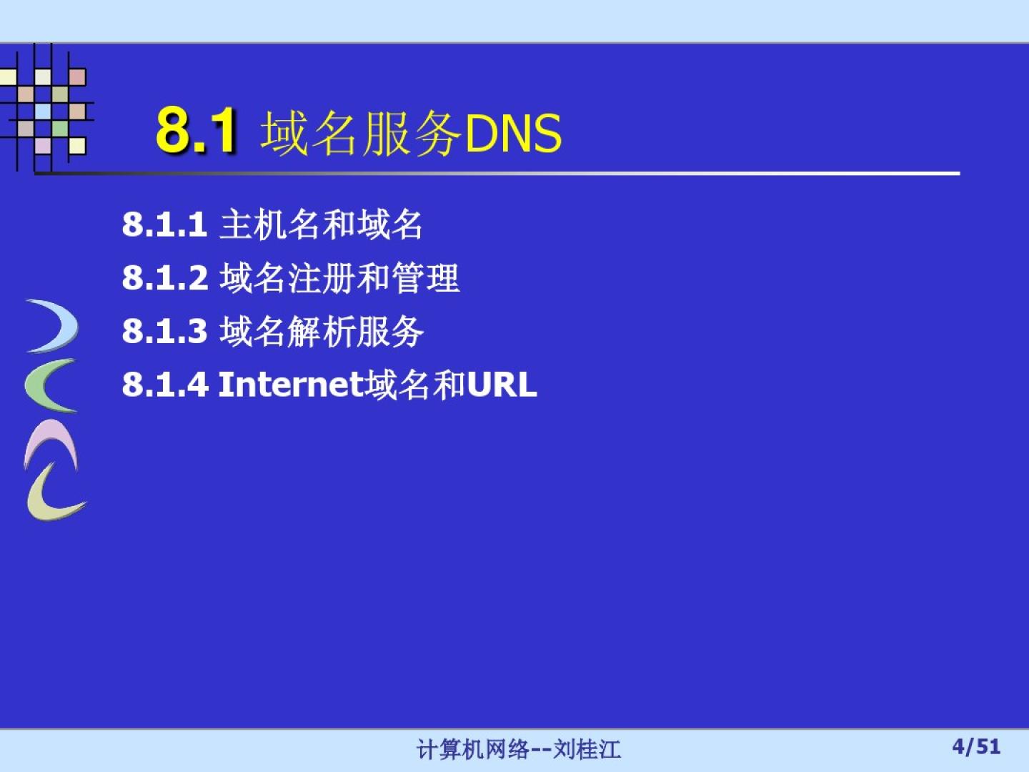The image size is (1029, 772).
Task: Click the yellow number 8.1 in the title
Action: pyautogui.click(x=196, y=130)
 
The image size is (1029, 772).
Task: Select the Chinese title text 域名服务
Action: pyautogui.click(x=361, y=134)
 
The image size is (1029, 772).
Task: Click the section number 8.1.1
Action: pyautogui.click(x=164, y=224)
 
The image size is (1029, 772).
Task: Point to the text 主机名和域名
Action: pyautogui.click(x=321, y=224)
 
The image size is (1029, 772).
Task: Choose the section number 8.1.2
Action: pyautogui.click(x=164, y=277)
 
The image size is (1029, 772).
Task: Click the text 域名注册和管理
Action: pyautogui.click(x=339, y=278)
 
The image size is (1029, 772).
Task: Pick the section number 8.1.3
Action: pyautogui.click(x=164, y=330)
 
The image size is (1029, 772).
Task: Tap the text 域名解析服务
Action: pyautogui.click(x=322, y=332)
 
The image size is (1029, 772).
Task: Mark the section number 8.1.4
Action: pyautogui.click(x=165, y=385)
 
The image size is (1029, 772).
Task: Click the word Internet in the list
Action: pyautogui.click(x=292, y=385)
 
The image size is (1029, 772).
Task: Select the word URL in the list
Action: pyautogui.click(x=502, y=385)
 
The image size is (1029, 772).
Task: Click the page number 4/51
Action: pyautogui.click(x=976, y=746)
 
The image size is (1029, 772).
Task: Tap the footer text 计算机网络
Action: pyautogui.click(x=472, y=749)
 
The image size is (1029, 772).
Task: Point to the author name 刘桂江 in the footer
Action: pyautogui.click(x=587, y=749)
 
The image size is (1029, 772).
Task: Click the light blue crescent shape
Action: pyautogui.click(x=68, y=325)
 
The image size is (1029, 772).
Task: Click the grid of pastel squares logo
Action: pyautogui.click(x=47, y=108)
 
